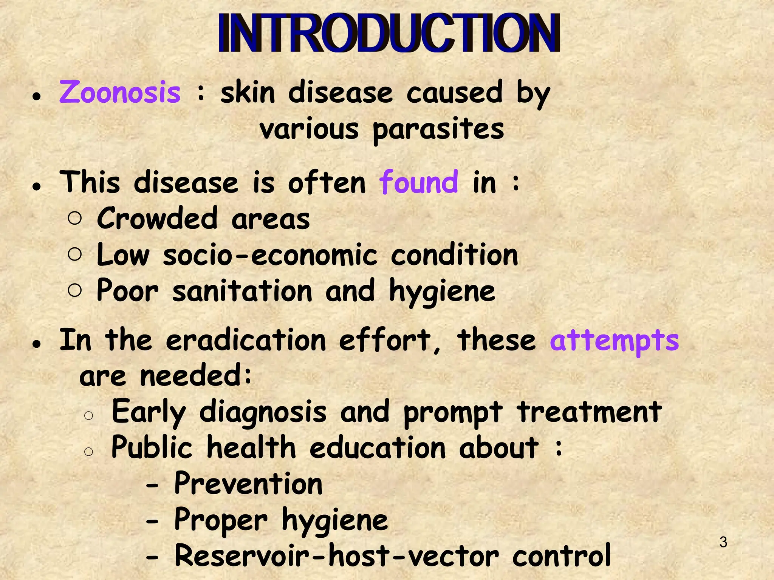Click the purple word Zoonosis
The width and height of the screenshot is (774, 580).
[120, 93]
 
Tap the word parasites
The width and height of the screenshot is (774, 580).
[438, 130]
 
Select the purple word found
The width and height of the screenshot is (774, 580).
[419, 182]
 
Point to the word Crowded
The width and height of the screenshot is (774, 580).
[157, 219]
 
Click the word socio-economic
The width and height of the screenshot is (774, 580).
[270, 255]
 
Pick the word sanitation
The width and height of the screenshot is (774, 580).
[242, 291]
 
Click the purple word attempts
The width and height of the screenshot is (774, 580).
[614, 340]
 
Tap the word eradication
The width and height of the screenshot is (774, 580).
[246, 340]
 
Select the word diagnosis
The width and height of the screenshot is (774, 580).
[263, 412]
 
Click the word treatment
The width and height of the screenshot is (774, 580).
[590, 412]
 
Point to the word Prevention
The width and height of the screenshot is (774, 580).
[248, 484]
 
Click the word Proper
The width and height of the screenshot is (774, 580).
[221, 520]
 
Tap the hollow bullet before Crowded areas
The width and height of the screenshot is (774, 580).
[75, 218]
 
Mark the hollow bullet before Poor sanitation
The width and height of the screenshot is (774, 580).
[75, 290]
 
